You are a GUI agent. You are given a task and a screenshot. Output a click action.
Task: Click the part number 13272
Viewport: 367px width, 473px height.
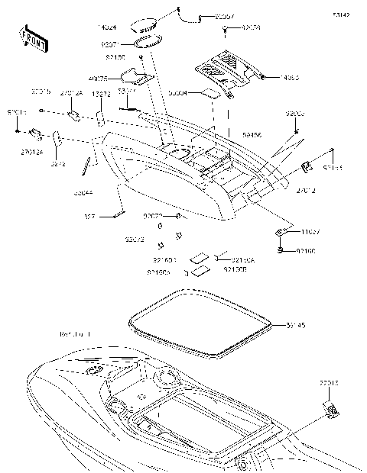click(x=102, y=93)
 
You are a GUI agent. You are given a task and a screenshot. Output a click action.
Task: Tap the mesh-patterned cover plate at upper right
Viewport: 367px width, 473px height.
click(x=223, y=67)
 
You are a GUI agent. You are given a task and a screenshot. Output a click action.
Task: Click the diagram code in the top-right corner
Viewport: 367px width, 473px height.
click(x=343, y=14)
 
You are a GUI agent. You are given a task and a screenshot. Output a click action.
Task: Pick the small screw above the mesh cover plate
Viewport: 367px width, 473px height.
click(x=227, y=28)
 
